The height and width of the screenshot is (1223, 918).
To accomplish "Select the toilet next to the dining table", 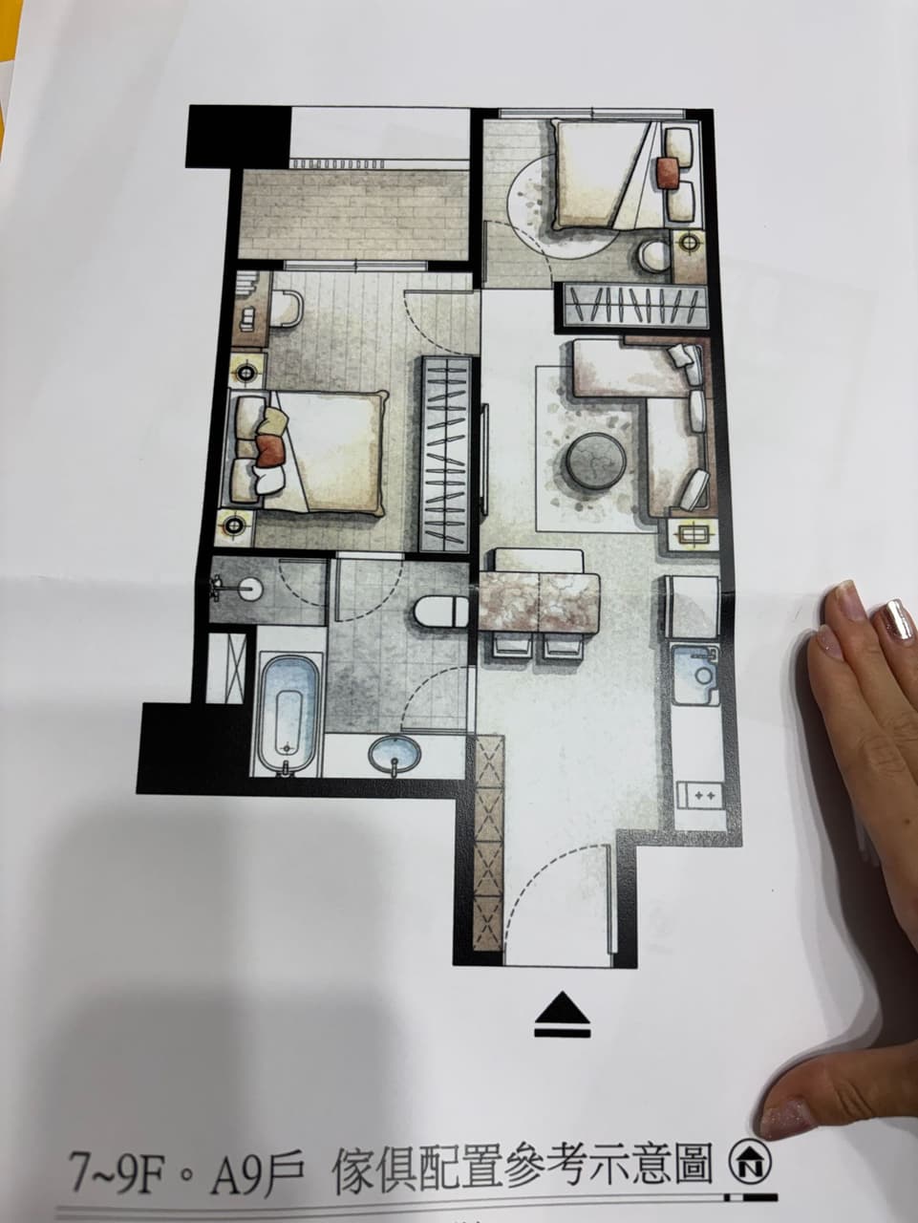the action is click(441, 611).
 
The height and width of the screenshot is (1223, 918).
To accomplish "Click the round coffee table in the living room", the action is click(595, 461).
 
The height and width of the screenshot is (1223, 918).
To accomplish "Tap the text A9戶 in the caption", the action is click(257, 1129).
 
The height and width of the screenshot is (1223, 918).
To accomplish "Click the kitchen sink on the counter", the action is click(694, 675).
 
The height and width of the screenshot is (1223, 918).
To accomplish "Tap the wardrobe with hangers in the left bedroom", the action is click(447, 454).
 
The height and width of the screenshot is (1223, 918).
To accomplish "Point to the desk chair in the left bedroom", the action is click(286, 308).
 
